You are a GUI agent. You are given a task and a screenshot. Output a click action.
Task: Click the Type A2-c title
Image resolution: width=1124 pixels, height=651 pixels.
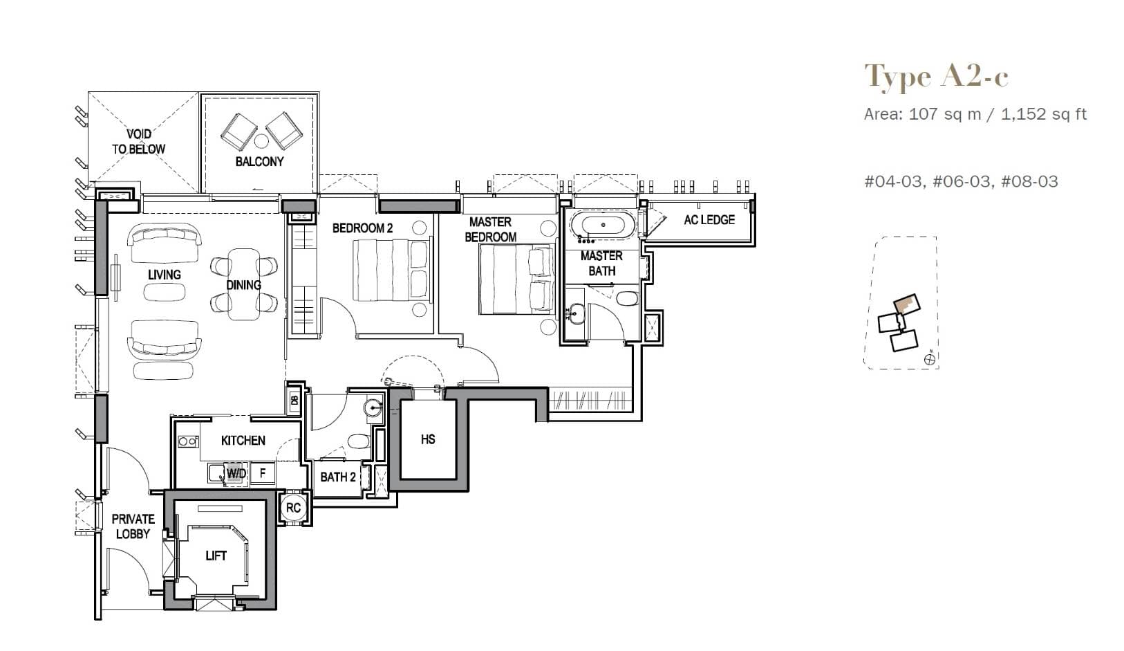936,76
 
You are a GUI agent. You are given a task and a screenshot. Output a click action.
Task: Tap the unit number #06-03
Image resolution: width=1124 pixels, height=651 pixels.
961,181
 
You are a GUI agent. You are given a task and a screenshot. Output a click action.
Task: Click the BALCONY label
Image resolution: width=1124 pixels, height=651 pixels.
259,161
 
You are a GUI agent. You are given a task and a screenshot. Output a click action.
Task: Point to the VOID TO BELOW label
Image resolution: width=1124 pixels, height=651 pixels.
139,141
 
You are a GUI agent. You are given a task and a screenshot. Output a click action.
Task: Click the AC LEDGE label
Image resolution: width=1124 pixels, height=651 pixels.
709,220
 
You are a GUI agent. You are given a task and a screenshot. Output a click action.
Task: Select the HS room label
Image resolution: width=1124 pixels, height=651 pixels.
428,439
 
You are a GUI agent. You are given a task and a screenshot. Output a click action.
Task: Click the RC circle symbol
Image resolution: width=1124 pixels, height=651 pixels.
293,508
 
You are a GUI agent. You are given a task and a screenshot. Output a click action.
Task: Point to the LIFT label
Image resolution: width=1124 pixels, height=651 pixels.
216,556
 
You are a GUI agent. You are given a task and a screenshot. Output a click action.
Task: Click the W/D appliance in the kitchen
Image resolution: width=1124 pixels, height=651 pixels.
235,474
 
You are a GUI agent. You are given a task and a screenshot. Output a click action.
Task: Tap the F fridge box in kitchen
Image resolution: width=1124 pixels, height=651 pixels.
263,474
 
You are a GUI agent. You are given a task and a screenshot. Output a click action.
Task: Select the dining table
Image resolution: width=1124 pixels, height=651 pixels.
243,284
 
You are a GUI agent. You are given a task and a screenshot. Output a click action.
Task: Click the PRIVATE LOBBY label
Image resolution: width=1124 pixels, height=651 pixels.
133,526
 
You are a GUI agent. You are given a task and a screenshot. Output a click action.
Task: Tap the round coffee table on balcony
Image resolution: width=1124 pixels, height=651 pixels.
261,141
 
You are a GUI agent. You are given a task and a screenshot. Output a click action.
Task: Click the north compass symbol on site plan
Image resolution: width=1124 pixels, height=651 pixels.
930,358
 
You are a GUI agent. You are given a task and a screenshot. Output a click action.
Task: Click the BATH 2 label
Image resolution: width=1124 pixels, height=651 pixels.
338,477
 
